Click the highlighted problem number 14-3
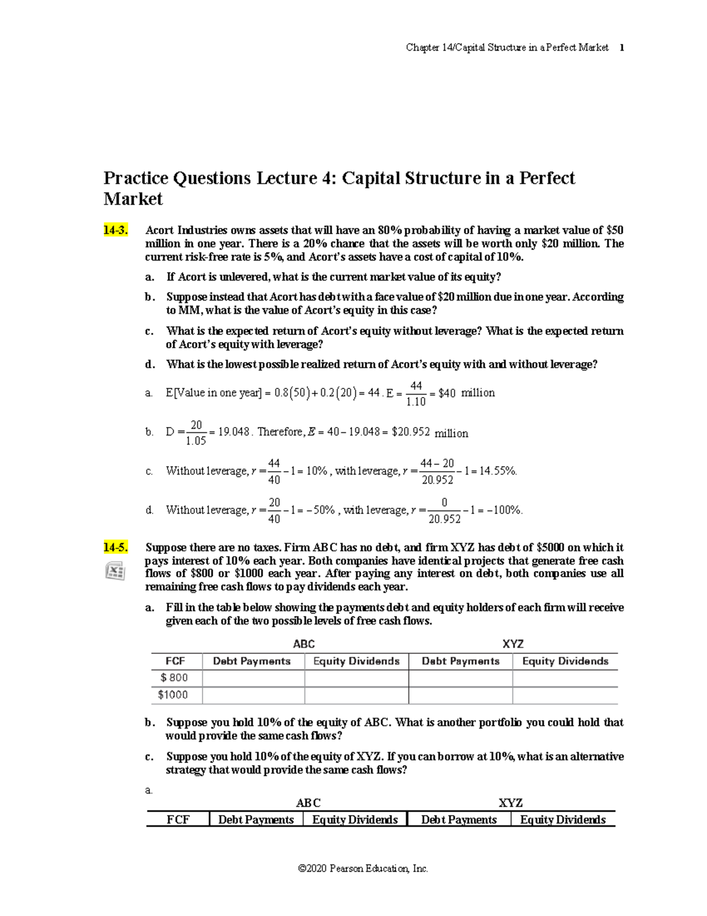click(115, 230)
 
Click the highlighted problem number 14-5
click(115, 547)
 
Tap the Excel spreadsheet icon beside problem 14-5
click(114, 571)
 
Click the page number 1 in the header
click(622, 48)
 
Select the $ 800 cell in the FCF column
click(174, 678)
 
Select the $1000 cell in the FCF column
click(173, 695)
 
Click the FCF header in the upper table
click(175, 661)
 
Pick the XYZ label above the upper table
click(513, 644)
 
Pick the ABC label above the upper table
click(304, 644)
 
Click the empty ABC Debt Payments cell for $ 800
click(253, 678)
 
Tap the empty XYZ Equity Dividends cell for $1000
click(564, 695)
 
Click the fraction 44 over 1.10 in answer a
click(416, 393)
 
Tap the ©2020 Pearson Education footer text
click(363, 868)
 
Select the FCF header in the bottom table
click(178, 819)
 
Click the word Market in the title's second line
click(133, 199)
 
